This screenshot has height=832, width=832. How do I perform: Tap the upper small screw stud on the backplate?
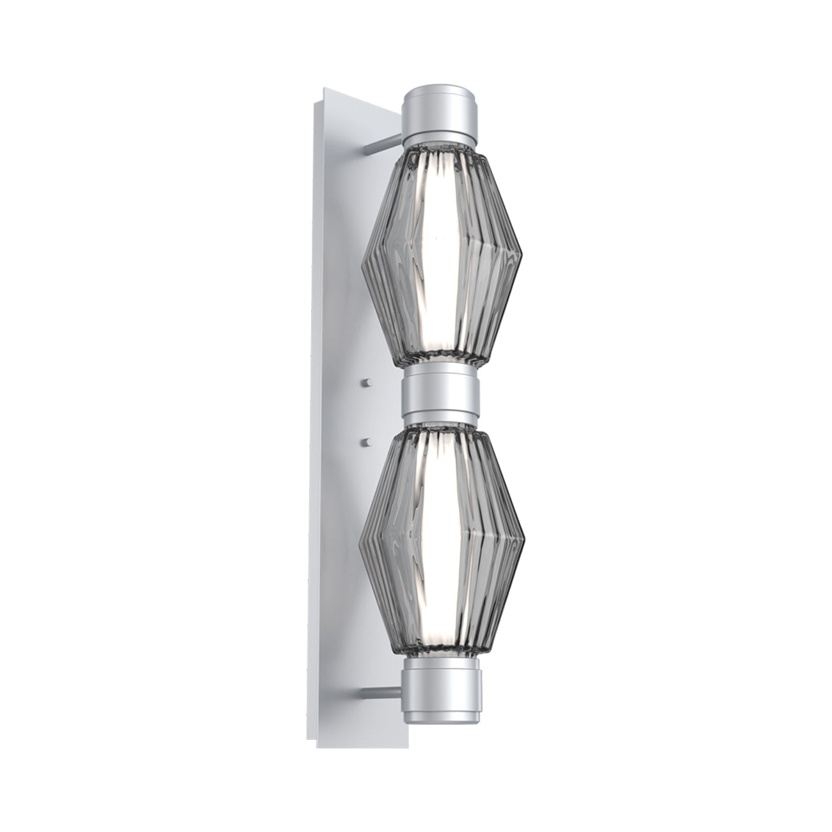pyautogui.click(x=367, y=383)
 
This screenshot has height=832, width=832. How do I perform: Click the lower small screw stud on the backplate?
pyautogui.click(x=367, y=440)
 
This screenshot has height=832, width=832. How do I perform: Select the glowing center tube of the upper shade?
pyautogui.click(x=438, y=256)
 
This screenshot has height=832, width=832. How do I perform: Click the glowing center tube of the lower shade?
pyautogui.click(x=438, y=538)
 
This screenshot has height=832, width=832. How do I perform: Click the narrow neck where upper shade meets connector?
pyautogui.click(x=440, y=363)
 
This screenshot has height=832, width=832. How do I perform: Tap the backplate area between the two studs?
pyautogui.click(x=367, y=412)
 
